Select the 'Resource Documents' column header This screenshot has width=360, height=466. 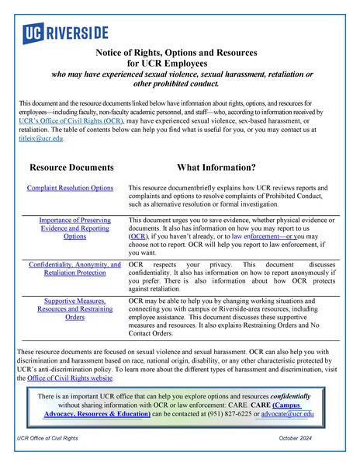71,167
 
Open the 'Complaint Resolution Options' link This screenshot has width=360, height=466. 70,188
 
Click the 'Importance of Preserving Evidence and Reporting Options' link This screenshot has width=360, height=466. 74,228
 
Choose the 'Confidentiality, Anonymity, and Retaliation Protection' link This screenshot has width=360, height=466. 74,269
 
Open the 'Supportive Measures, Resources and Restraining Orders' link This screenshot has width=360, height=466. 74,308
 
